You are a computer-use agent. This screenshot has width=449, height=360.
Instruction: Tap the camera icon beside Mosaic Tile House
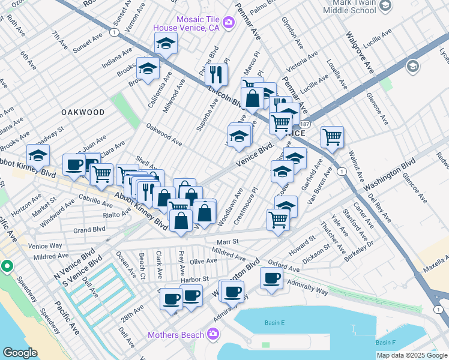click(228, 23)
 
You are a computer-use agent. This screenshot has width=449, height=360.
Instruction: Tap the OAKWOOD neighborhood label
click(83, 112)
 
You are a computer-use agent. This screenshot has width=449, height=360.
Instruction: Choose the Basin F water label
click(385, 342)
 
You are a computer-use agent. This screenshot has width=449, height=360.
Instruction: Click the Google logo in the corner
click(20, 353)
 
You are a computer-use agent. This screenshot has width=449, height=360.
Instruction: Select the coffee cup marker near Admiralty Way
click(272, 279)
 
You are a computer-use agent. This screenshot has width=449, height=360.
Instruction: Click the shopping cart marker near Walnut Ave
click(332, 137)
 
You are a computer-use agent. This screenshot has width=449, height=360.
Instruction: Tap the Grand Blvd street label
click(89, 229)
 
